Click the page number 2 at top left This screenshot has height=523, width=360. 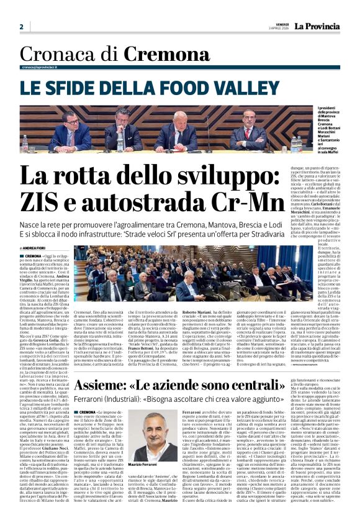pyautogui.click(x=21, y=27)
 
